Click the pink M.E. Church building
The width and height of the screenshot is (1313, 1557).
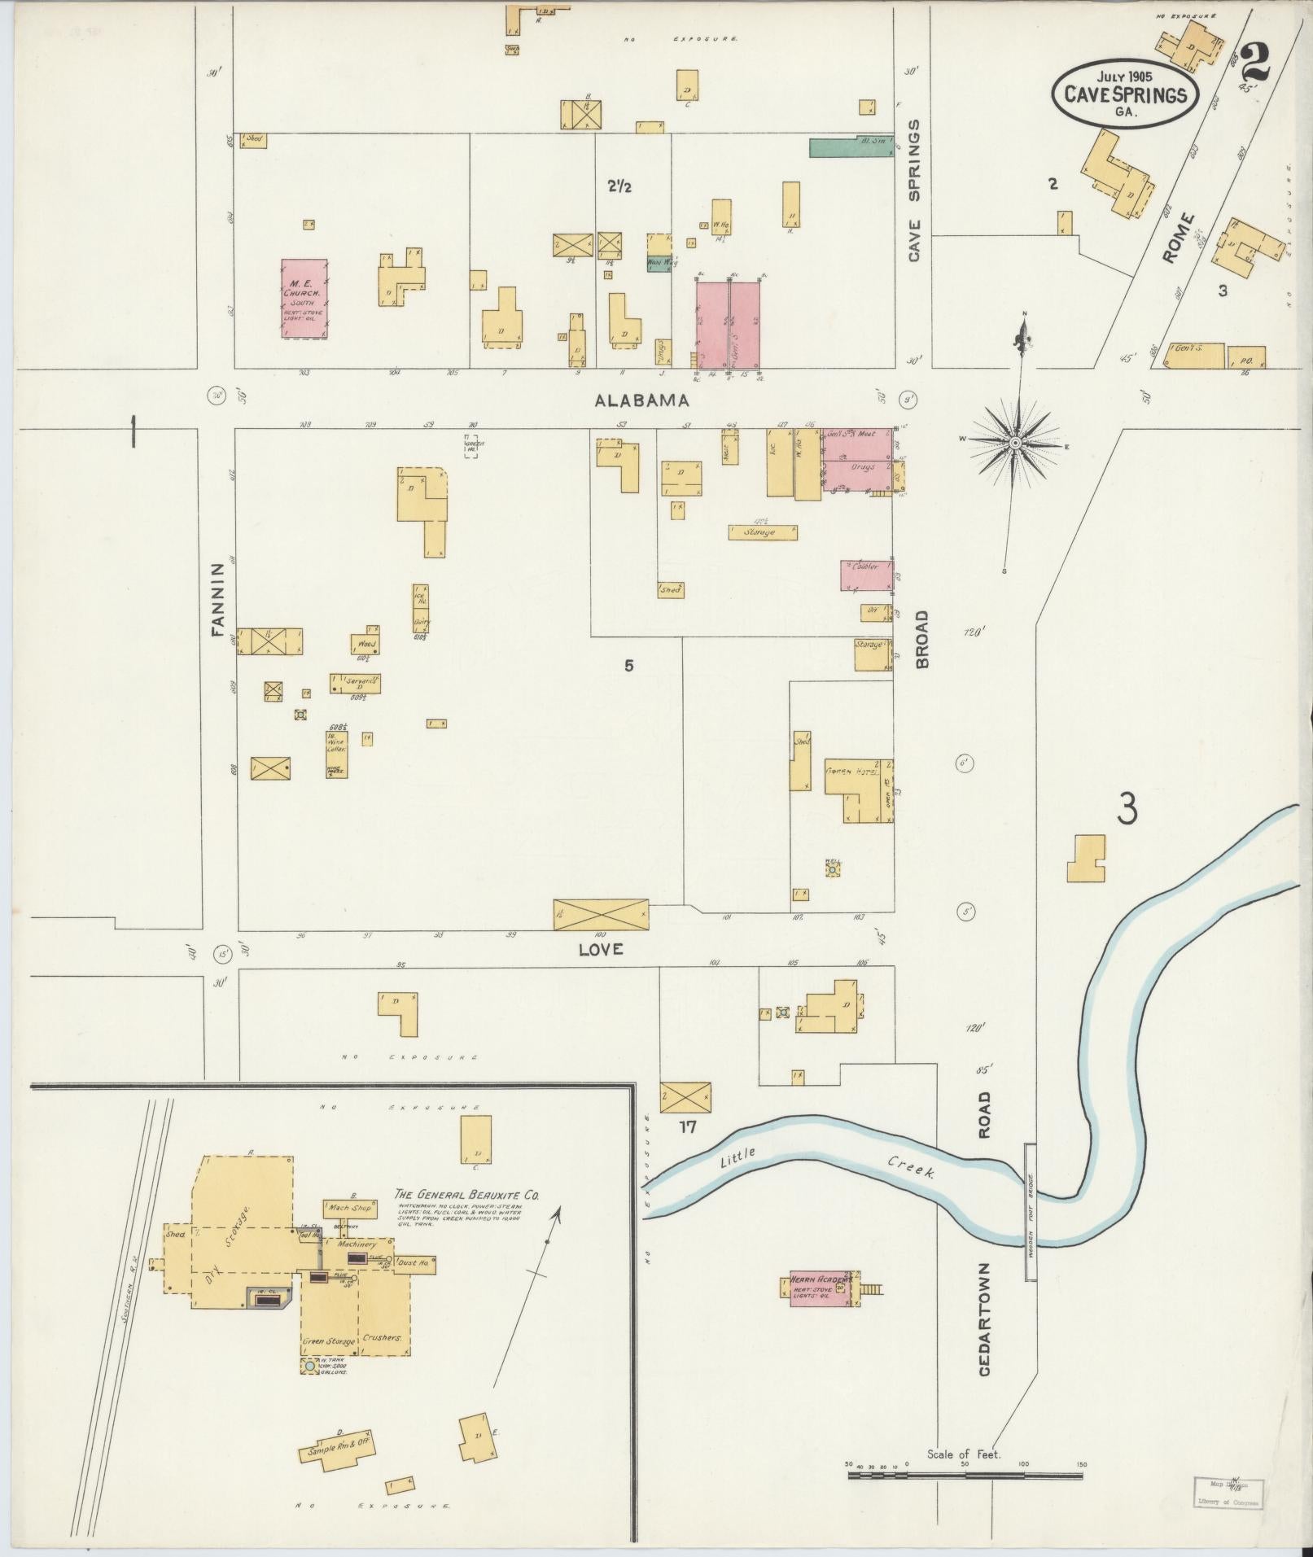(x=304, y=299)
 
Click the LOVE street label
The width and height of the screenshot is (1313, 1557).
(x=601, y=949)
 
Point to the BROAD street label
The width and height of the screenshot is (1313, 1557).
(x=922, y=639)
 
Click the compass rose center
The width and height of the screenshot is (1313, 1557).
(x=1015, y=442)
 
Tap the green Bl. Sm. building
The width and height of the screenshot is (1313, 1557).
(x=851, y=147)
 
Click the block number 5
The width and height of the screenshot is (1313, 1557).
(x=628, y=666)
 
